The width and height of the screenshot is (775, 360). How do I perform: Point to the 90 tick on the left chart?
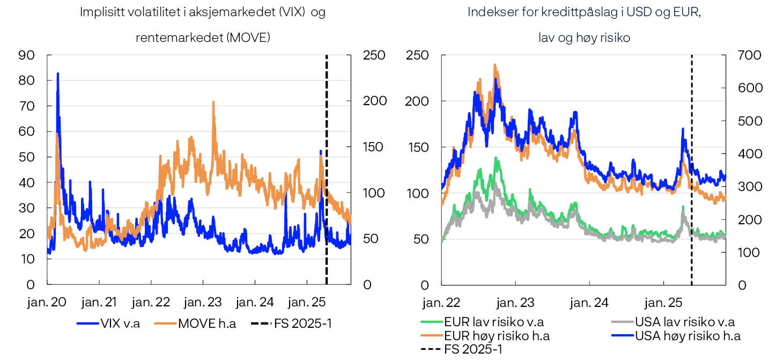click(27, 55)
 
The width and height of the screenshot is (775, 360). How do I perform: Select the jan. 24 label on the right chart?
click(589, 303)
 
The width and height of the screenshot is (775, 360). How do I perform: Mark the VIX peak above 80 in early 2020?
click(58, 74)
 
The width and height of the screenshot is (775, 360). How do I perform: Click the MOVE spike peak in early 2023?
click(213, 101)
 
